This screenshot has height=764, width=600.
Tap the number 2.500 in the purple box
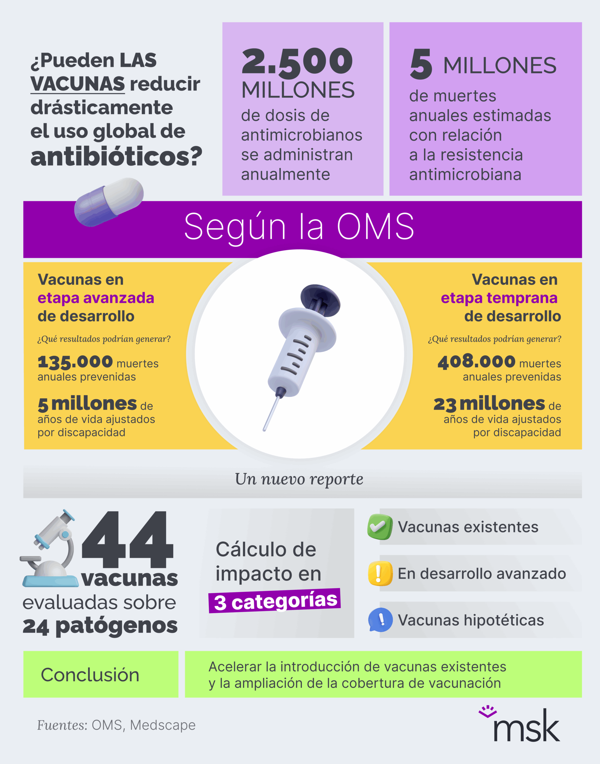tap(297, 62)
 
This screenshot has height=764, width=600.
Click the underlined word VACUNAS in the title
tap(78, 84)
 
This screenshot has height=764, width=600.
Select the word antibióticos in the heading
tap(116, 156)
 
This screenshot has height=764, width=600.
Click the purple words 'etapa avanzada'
tap(96, 298)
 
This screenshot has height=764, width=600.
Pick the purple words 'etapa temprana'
tap(499, 298)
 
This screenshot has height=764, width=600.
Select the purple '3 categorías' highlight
tap(275, 601)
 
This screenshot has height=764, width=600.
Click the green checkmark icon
tap(380, 526)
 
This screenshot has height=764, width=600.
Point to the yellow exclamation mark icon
tap(380, 573)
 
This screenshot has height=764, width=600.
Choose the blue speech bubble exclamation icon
tap(380, 620)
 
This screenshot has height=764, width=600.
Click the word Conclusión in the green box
tap(90, 674)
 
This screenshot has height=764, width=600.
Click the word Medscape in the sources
tap(163, 725)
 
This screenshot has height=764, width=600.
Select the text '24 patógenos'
tap(100, 626)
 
